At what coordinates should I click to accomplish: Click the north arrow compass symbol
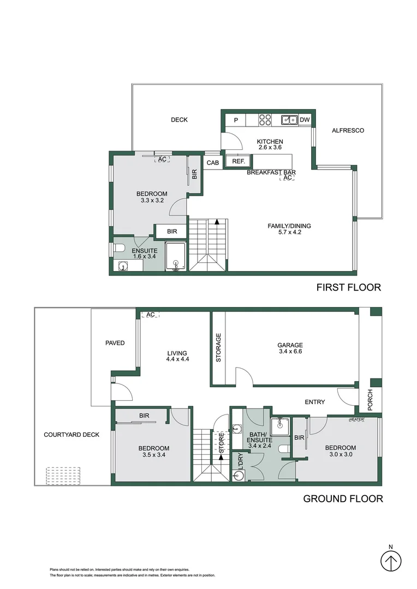(x=390, y=560)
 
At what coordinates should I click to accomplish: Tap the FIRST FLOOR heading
(x=348, y=287)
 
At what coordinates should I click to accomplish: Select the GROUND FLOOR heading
(x=343, y=498)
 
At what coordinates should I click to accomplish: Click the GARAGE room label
(x=289, y=345)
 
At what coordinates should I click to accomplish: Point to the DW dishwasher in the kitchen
(x=305, y=120)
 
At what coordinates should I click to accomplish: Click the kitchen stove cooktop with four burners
(x=265, y=120)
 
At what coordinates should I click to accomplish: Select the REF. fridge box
(x=238, y=161)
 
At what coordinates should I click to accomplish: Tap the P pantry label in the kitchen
(x=236, y=120)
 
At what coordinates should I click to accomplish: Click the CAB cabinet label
(x=212, y=162)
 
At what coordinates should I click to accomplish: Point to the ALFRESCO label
(x=348, y=130)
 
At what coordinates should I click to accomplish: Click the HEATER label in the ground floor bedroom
(x=357, y=419)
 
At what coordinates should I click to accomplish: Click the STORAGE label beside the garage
(x=218, y=348)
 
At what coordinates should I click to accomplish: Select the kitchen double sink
(x=289, y=120)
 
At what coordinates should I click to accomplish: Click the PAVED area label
(x=115, y=343)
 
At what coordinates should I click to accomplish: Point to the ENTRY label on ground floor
(x=314, y=402)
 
